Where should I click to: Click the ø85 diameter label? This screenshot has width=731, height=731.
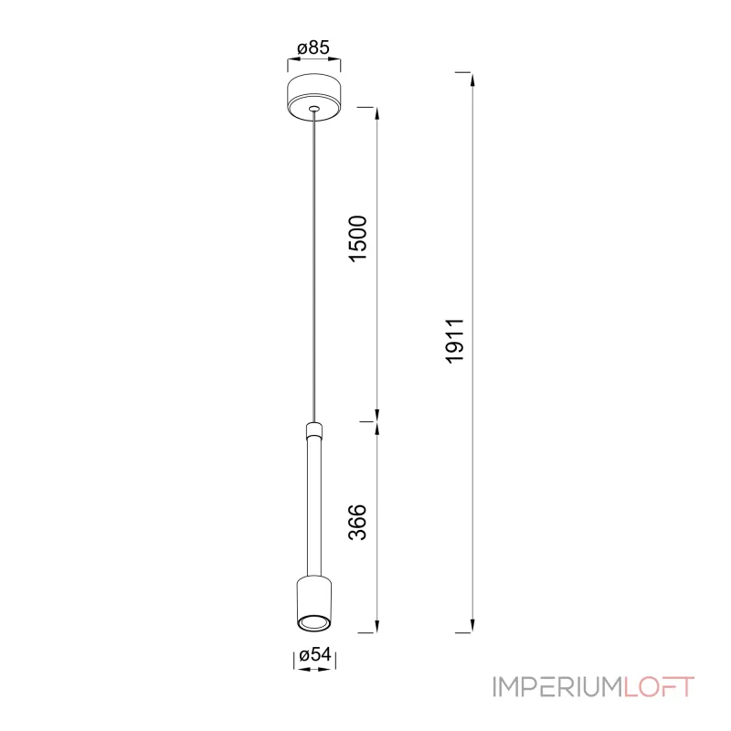pos(313,48)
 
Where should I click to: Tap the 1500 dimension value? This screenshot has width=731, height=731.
pos(358,238)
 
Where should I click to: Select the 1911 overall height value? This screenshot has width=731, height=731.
pos(455,341)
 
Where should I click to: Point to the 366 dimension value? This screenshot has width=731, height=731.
pos(358,522)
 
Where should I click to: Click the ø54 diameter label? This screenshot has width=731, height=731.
pos(315,654)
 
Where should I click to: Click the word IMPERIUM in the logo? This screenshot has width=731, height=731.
pos(557,687)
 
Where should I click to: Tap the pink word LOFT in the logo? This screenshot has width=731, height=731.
pos(659,687)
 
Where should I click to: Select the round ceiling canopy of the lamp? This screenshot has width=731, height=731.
pos(313,98)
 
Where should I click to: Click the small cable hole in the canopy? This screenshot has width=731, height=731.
pos(314,109)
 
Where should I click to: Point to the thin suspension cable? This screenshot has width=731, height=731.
pos(314,267)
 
